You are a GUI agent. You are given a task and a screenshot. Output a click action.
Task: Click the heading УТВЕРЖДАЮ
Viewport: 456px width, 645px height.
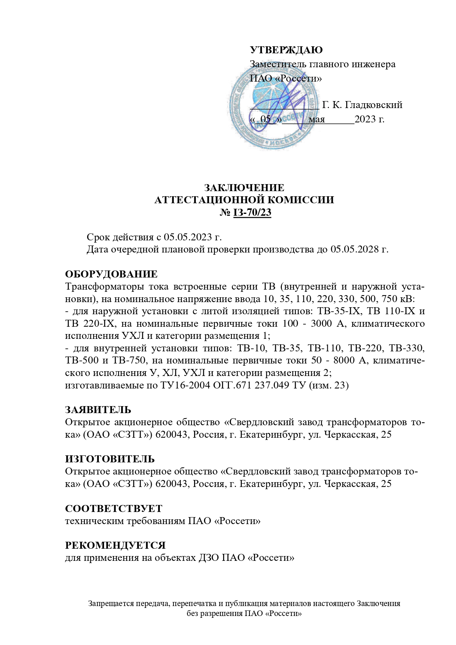tap(286, 50)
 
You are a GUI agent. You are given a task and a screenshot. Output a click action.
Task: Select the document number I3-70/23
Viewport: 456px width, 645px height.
tap(252, 213)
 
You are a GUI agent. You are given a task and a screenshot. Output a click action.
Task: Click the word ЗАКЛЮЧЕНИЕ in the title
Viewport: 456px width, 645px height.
tap(244, 188)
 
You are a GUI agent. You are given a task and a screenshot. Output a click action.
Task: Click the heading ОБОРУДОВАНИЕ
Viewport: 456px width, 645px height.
tap(111, 274)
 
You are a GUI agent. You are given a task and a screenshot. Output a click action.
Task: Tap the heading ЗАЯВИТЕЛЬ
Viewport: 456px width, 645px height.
tap(98, 410)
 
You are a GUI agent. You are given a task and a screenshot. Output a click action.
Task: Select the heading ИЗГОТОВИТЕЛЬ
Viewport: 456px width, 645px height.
tap(110, 459)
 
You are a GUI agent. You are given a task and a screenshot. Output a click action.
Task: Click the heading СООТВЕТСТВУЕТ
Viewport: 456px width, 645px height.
tap(114, 509)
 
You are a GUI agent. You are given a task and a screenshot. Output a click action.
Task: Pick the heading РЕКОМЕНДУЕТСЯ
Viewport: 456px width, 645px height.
tap(115, 545)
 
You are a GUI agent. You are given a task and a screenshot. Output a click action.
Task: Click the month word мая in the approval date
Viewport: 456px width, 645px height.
tap(317, 119)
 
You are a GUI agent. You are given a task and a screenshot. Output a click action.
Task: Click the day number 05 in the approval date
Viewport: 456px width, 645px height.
tap(265, 119)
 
